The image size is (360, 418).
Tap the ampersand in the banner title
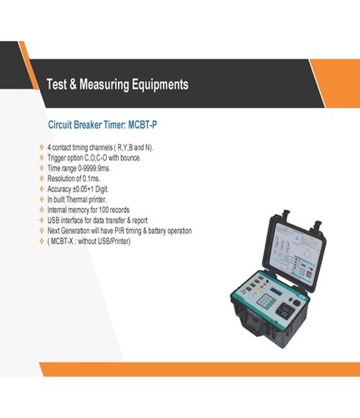click(73, 84)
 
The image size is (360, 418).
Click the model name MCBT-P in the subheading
click(142, 125)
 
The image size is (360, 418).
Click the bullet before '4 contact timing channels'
click(42, 147)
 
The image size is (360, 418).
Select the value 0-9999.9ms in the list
click(94, 168)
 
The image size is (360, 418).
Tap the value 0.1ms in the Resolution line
click(91, 179)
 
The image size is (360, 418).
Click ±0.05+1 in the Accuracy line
click(83, 189)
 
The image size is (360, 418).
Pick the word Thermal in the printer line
click(76, 200)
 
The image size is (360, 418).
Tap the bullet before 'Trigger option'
click(42, 157)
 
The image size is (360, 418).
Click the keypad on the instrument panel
click(266, 300)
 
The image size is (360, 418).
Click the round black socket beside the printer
click(297, 303)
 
